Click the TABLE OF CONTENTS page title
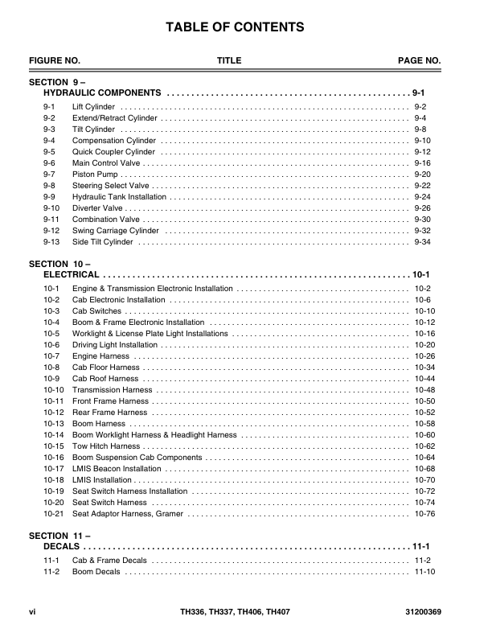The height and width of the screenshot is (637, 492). [x=235, y=28]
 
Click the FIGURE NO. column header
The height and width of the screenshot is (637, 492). [x=55, y=61]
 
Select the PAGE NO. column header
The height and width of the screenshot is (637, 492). [x=420, y=61]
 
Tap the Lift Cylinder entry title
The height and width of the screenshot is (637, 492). [x=94, y=107]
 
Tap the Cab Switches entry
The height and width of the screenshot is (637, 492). [x=96, y=311]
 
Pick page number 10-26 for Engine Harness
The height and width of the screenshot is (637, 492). [x=424, y=356]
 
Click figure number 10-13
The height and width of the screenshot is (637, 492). [x=54, y=424]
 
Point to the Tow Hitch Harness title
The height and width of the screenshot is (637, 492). [x=106, y=446]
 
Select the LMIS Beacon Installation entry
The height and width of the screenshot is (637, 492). [x=117, y=469]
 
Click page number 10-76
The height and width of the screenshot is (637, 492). [x=424, y=514]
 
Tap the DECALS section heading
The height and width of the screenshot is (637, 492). [x=60, y=546]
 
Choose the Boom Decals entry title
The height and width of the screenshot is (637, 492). [x=96, y=572]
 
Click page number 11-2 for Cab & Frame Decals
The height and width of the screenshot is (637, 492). [x=423, y=561]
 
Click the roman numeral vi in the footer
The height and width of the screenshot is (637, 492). [x=32, y=612]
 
